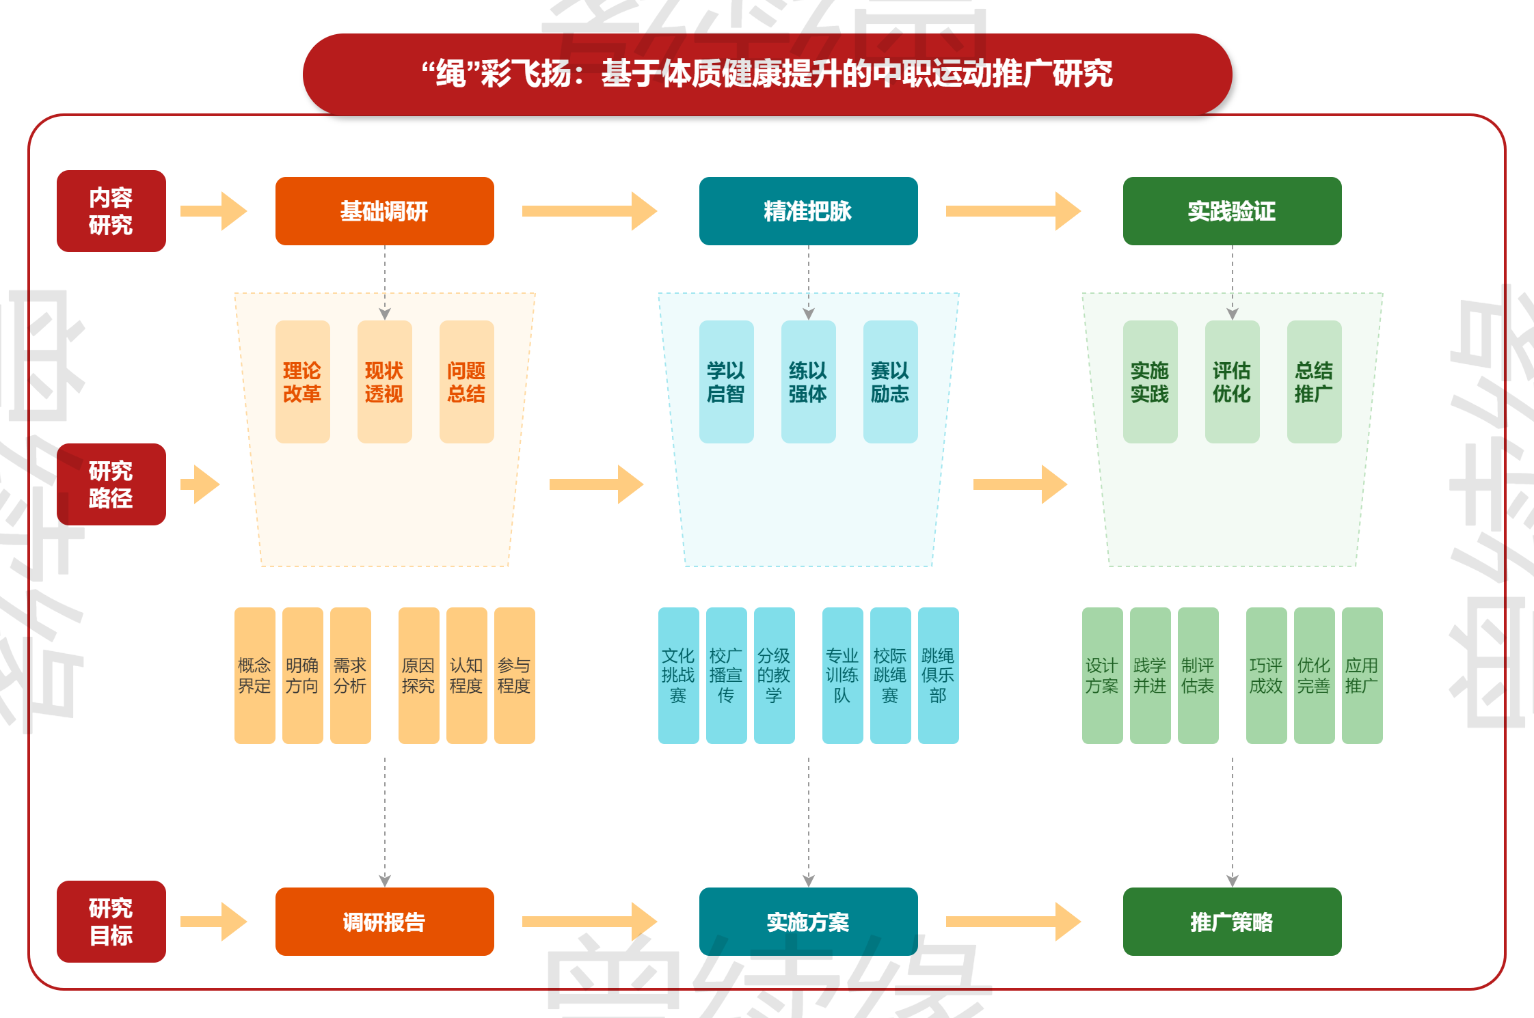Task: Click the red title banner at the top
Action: click(767, 74)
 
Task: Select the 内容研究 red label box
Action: click(111, 211)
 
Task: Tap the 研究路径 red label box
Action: click(111, 484)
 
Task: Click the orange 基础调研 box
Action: click(384, 211)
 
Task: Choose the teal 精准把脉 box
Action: click(808, 211)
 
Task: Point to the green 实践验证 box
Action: click(1232, 211)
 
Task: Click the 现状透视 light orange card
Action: click(384, 382)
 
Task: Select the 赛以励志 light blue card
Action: click(890, 382)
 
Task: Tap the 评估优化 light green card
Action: click(1232, 382)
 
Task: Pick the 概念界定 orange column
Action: click(254, 676)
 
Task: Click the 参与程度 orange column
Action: click(514, 676)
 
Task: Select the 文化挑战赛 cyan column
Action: click(678, 676)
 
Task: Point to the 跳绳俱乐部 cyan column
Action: click(938, 676)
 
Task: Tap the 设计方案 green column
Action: click(1102, 676)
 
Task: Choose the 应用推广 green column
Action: click(1362, 676)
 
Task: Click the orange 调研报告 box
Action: click(384, 922)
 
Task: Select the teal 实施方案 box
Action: click(808, 922)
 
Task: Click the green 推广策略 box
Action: click(1232, 922)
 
